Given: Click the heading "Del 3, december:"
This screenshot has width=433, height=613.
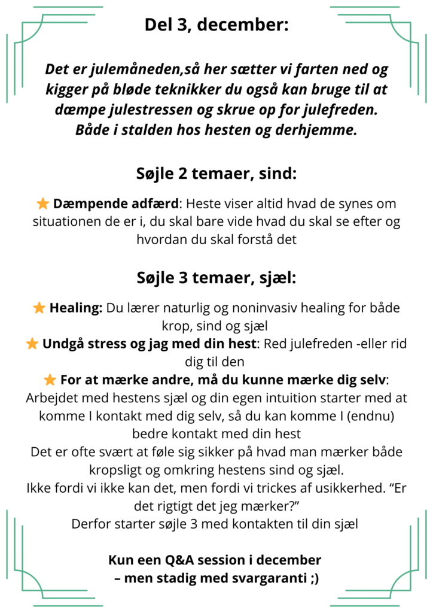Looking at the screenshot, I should click(216, 25).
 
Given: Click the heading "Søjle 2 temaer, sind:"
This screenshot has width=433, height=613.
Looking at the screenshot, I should click(216, 175).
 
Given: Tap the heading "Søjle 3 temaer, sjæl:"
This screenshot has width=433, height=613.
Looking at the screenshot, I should click(216, 278).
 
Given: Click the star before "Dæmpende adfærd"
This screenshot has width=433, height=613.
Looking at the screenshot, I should click(42, 204).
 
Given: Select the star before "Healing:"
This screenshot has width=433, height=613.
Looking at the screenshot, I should click(39, 308).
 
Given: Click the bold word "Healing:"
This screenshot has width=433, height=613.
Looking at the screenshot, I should click(76, 308).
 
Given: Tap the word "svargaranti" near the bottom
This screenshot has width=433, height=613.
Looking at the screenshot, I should click(266, 579).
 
